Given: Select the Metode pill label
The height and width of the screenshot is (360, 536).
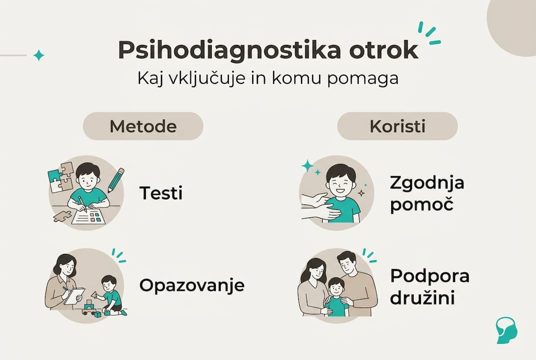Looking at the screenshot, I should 143,126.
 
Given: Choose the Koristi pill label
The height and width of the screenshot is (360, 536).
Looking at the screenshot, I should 397,126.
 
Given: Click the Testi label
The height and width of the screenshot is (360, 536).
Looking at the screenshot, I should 161,193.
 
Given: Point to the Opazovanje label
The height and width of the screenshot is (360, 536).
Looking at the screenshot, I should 192,285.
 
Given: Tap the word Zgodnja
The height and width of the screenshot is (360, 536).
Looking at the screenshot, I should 427,182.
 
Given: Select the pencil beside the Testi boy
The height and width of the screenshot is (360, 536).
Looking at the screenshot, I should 115,180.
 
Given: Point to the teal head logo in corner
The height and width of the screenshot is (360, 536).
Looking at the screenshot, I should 507,330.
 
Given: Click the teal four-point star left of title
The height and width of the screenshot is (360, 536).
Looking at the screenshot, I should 38,55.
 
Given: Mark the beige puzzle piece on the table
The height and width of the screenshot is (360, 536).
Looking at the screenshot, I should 62,216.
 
